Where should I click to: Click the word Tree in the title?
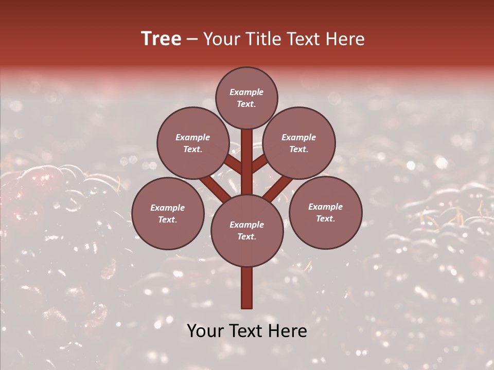(x=161, y=39)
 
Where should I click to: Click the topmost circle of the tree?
(x=246, y=98)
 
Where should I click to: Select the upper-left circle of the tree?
(x=193, y=143)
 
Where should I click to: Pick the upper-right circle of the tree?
(x=299, y=143)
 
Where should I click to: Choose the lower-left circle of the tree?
(x=168, y=213)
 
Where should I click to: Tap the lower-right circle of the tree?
(x=325, y=212)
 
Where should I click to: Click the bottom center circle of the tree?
(x=247, y=230)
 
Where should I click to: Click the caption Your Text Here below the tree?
(x=247, y=331)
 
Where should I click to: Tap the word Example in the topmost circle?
(x=246, y=92)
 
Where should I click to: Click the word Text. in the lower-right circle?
(x=325, y=218)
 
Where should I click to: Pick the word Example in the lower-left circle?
(x=168, y=208)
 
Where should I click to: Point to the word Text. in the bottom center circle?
(x=246, y=236)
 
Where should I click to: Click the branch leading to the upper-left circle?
(x=233, y=164)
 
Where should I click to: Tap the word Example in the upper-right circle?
(x=299, y=137)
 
